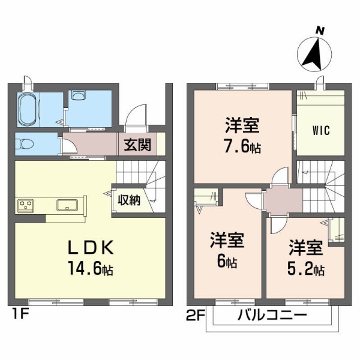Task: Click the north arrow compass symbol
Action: [x=316, y=55]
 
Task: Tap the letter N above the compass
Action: [x=320, y=30]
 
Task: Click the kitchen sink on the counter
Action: [x=68, y=205]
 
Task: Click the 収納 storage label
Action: [x=129, y=200]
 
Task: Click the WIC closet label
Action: [x=320, y=130]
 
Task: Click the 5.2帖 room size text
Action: [x=305, y=268]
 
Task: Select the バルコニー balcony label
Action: [x=272, y=315]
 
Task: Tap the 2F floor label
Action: [x=196, y=313]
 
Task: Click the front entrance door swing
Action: [x=138, y=115]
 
